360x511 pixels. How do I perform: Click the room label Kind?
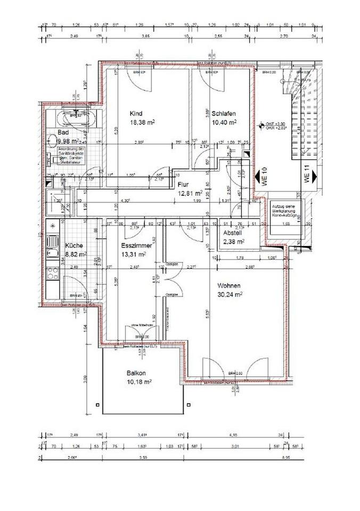click(x=136, y=113)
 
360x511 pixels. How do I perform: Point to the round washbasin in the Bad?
click(x=53, y=141)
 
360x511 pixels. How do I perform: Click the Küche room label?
click(x=73, y=245)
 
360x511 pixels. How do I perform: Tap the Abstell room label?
click(x=233, y=233)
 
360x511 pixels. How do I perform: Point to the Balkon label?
click(x=137, y=374)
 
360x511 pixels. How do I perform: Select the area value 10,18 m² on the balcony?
click(x=140, y=382)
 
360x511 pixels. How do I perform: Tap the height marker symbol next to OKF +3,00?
click(x=260, y=126)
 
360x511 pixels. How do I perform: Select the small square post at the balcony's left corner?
click(x=97, y=405)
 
